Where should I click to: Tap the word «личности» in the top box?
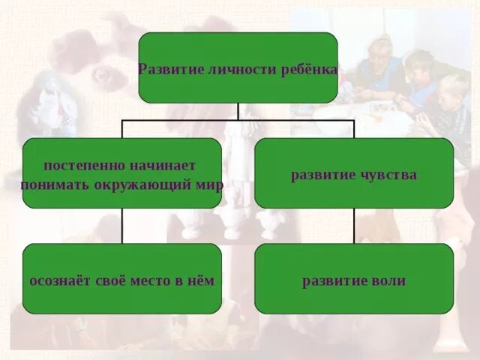pos(229,69)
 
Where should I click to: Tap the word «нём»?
pos(202,281)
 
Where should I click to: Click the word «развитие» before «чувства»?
pos(322,175)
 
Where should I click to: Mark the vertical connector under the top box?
pos(238,111)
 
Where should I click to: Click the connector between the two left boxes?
pos(121,226)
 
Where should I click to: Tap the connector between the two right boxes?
pos(354,226)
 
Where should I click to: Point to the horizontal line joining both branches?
pos(180,120)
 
